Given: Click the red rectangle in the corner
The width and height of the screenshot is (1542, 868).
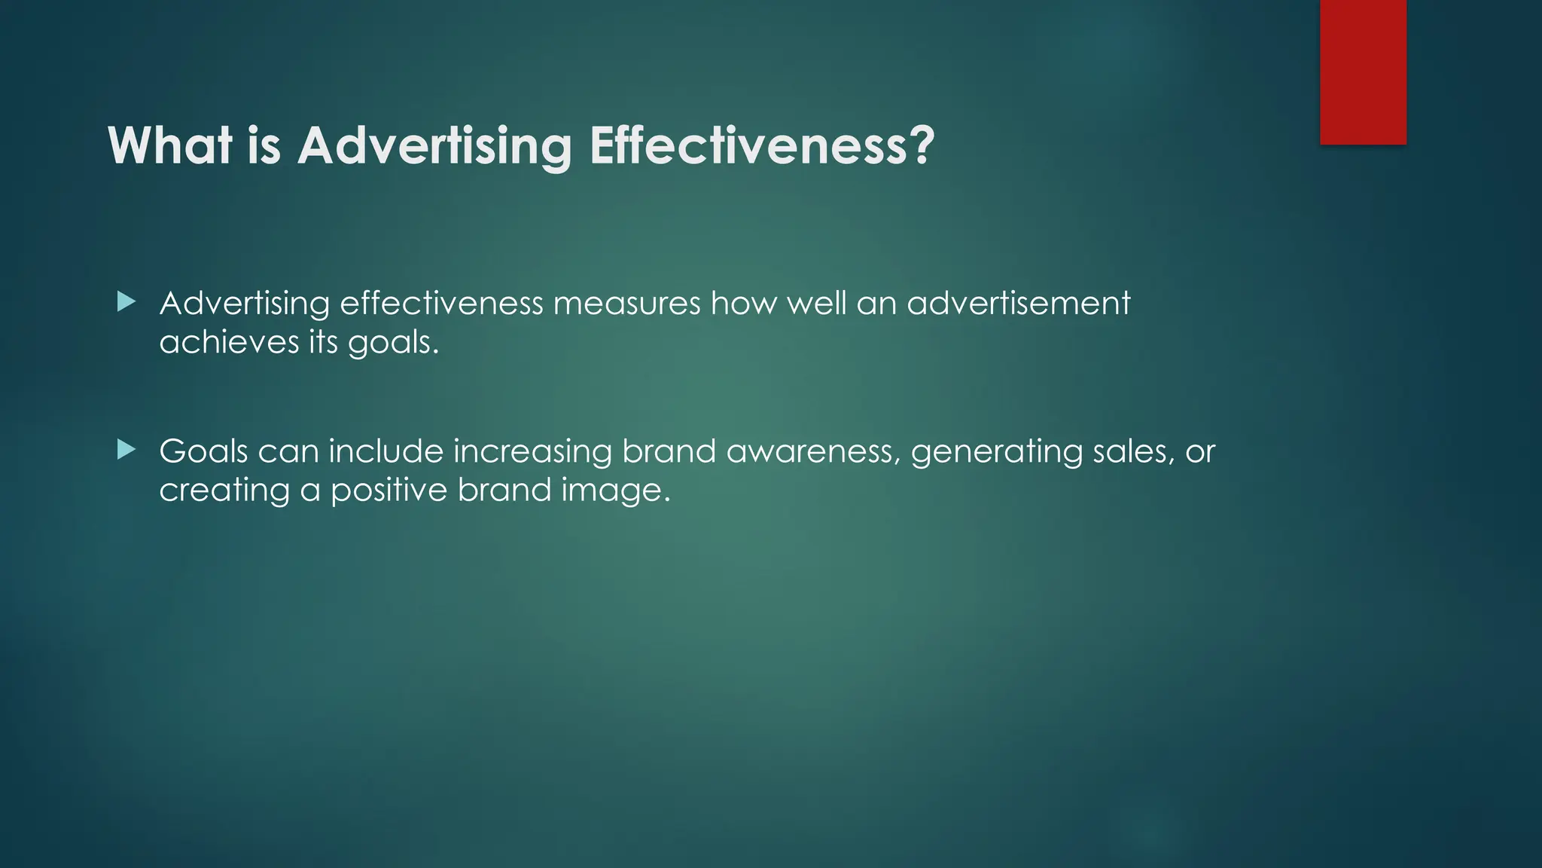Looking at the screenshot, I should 1363,72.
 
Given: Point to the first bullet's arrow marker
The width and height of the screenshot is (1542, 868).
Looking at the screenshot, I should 126,303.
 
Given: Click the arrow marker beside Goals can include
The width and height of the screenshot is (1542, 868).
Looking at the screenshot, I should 126,451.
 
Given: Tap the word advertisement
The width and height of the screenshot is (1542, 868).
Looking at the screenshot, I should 1018,303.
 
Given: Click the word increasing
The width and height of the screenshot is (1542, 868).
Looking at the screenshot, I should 532,452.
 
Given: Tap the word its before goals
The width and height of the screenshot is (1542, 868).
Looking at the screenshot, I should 324,342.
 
